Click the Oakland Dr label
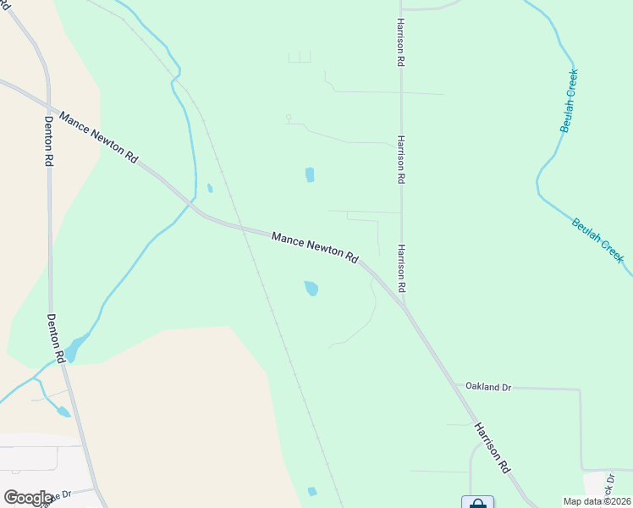coord(488,387)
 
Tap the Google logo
coord(28,497)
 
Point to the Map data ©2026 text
coord(597,501)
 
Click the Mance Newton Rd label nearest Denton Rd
coord(98,135)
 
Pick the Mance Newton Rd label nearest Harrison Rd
coord(315,246)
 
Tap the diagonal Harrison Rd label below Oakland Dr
coord(493,447)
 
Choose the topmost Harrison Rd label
coord(400,42)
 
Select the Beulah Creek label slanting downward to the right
coord(597,239)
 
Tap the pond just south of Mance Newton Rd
coord(311,288)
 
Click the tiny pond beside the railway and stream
coord(210,188)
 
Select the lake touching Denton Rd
coord(74,348)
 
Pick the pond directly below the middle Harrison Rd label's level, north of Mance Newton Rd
coord(310,175)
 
